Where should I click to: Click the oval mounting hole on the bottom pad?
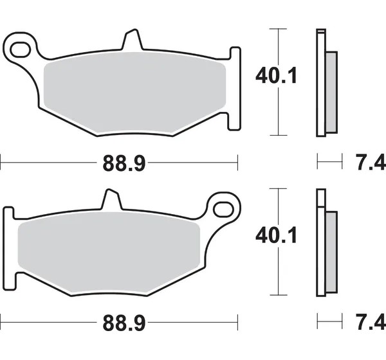pyautogui.click(x=223, y=210)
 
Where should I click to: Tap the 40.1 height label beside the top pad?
pyautogui.click(x=276, y=76)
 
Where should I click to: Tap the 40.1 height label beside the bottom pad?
pyautogui.click(x=276, y=235)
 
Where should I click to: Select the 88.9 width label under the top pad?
pyautogui.click(x=124, y=163)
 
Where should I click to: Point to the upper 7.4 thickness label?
pyautogui.click(x=371, y=162)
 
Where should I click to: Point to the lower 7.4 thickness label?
pyautogui.click(x=371, y=322)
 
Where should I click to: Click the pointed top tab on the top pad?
pyautogui.click(x=133, y=39)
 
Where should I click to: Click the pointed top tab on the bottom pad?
pyautogui.click(x=112, y=199)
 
